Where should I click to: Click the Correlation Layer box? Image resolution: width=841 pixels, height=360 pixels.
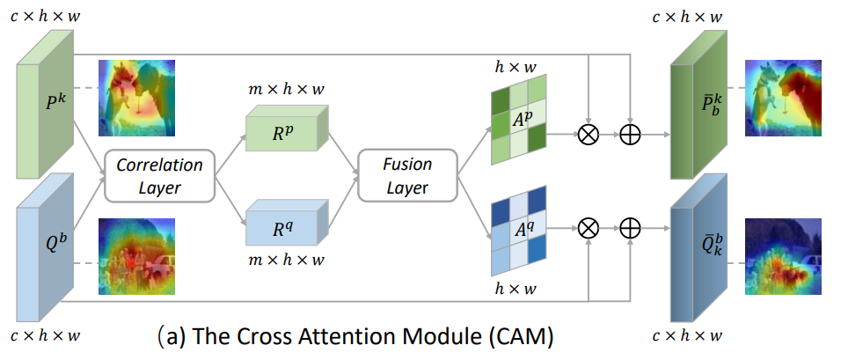[x=159, y=176]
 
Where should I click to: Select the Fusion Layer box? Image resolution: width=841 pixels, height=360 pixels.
[x=406, y=176]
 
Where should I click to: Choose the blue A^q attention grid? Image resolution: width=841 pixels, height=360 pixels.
[x=520, y=231]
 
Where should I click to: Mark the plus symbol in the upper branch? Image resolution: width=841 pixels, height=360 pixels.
[x=630, y=135]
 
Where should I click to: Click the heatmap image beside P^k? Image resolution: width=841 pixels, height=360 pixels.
[x=136, y=98]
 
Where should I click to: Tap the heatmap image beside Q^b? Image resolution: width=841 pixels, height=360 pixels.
[x=136, y=255]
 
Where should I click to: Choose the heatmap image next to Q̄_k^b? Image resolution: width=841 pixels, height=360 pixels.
[x=783, y=255]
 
